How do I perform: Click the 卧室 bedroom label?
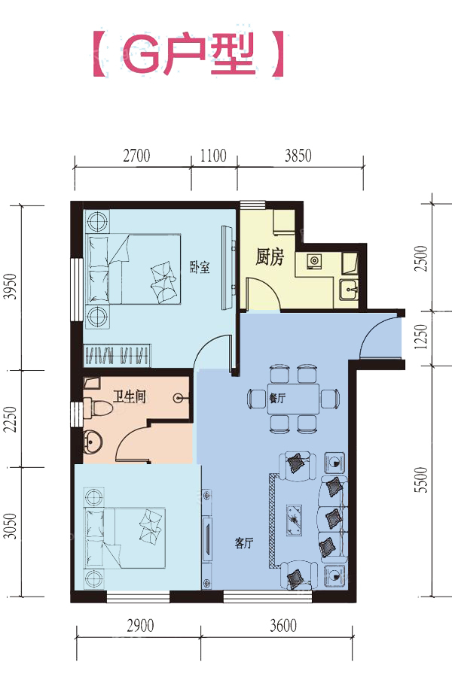click(200, 267)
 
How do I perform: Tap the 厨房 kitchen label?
click(270, 257)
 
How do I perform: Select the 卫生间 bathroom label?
click(130, 396)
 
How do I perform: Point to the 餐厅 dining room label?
click(277, 398)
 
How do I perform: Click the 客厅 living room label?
click(244, 543)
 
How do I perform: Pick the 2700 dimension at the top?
click(136, 156)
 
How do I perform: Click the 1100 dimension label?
click(213, 156)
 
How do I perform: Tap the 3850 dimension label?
click(298, 156)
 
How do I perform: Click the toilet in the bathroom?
click(98, 407)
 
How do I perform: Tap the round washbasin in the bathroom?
click(92, 441)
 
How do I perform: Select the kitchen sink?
click(348, 289)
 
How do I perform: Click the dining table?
click(293, 398)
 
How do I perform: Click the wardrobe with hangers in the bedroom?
click(118, 355)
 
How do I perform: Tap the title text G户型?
click(189, 55)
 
